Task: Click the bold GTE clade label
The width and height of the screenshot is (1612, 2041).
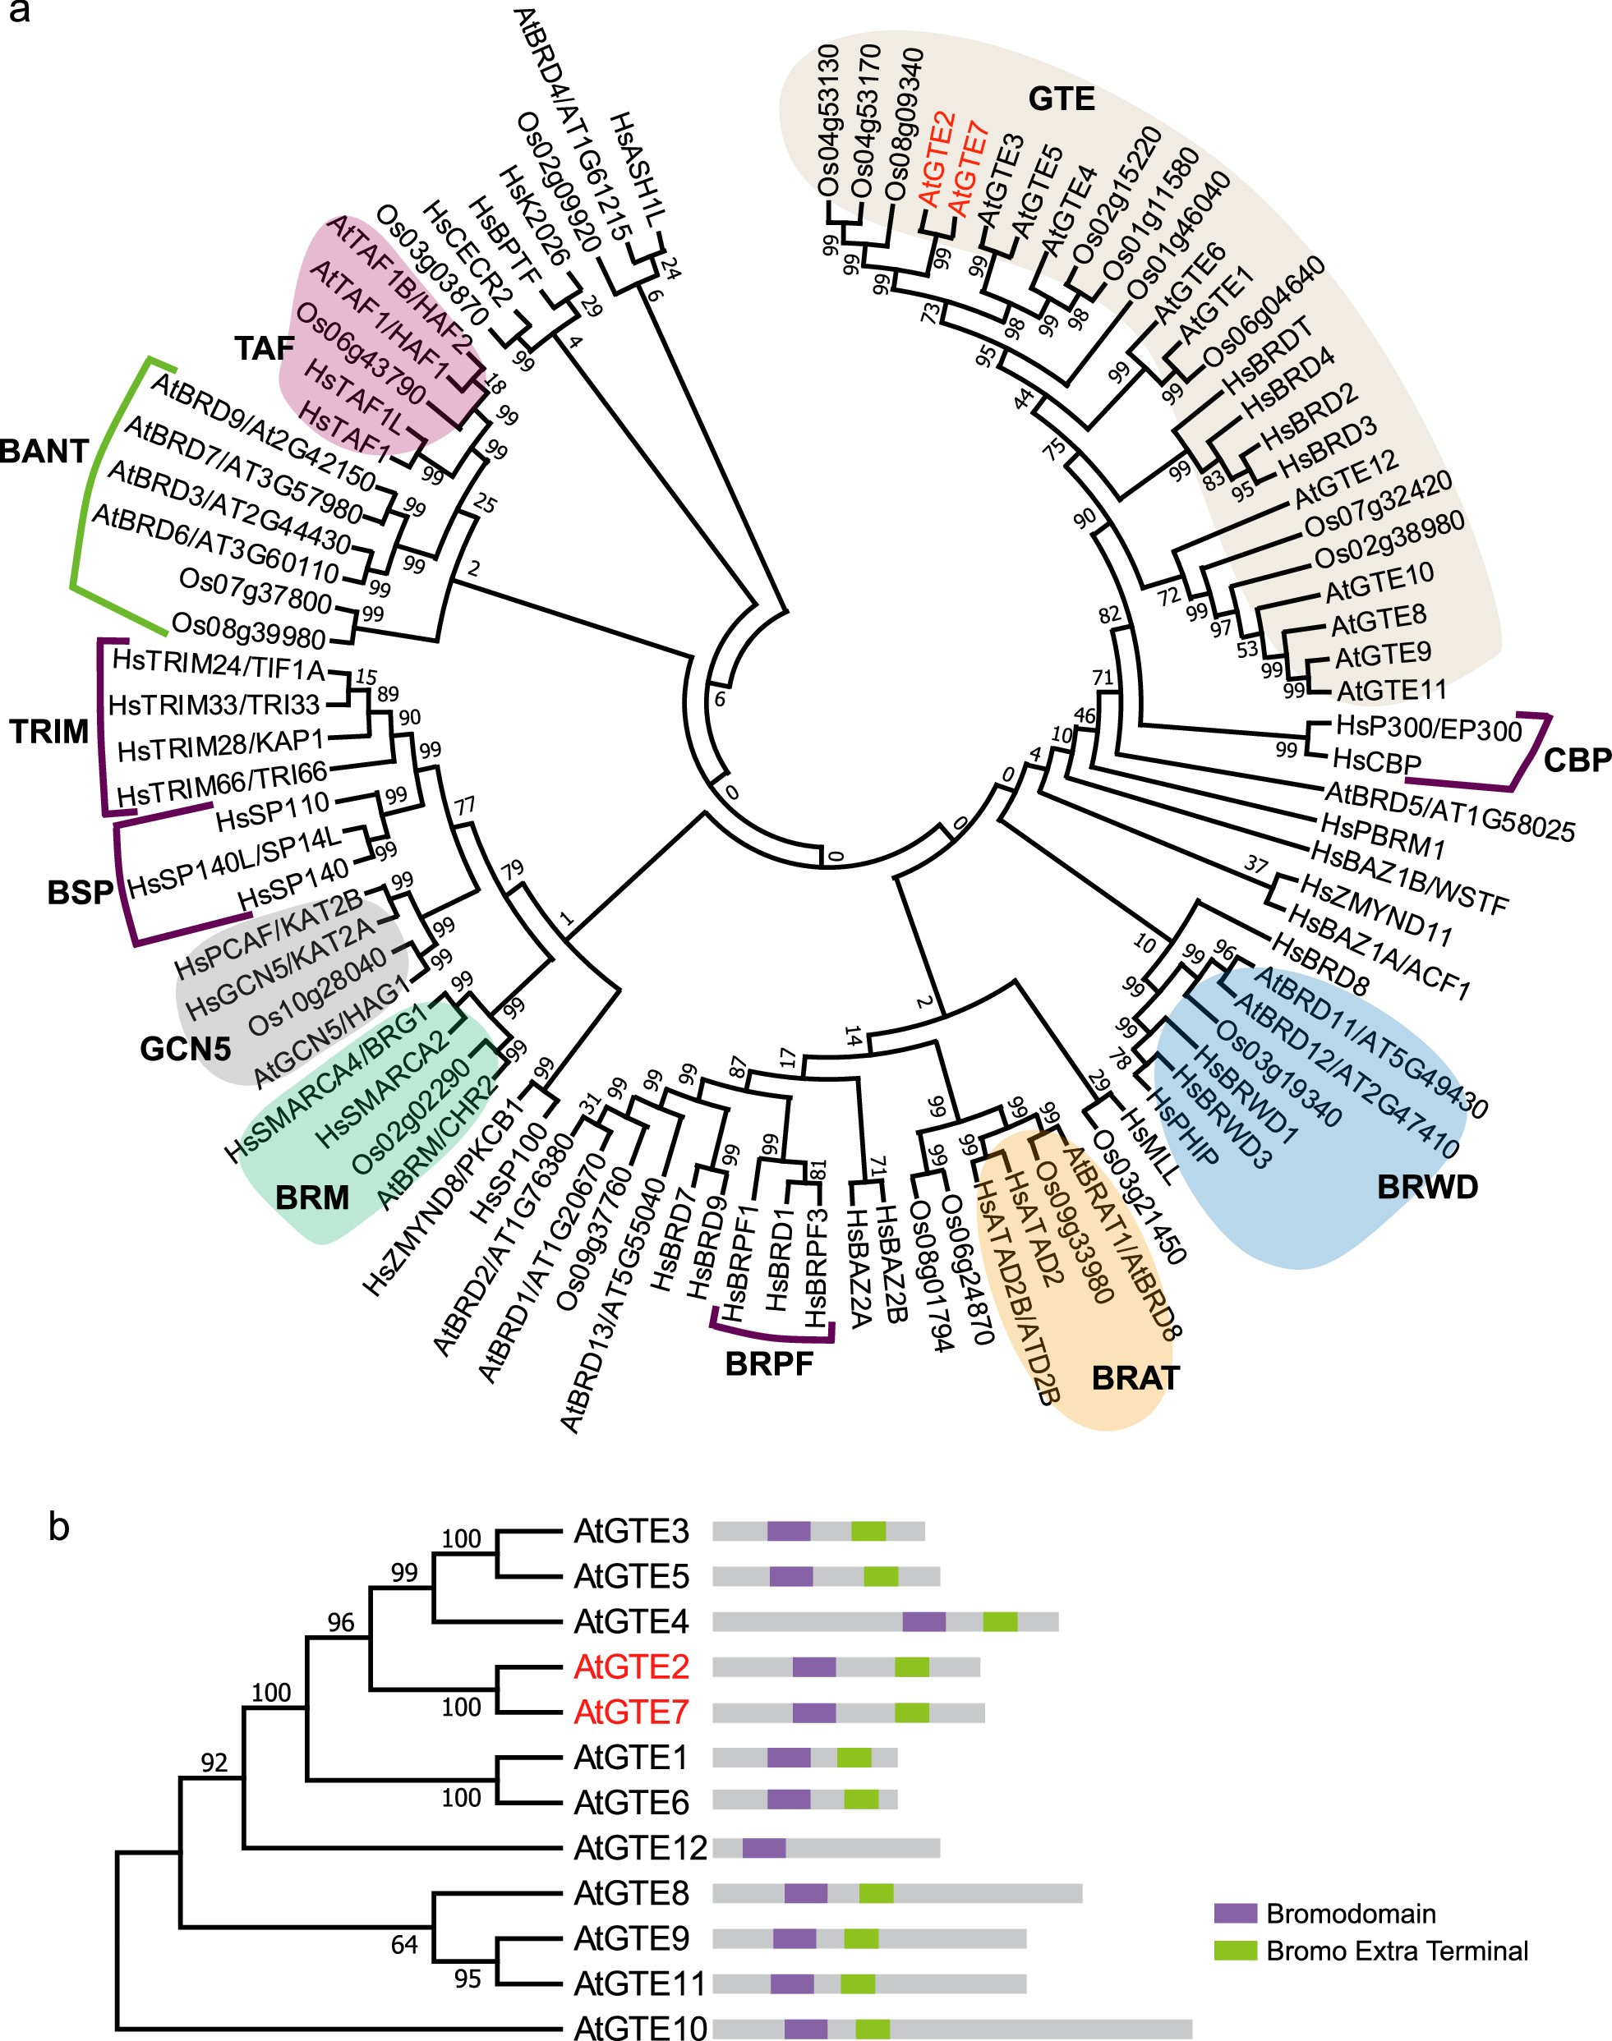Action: pyautogui.click(x=1061, y=98)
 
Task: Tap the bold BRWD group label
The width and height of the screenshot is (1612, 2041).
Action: pyautogui.click(x=1427, y=1186)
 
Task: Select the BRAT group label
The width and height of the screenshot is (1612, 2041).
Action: pyautogui.click(x=1135, y=1378)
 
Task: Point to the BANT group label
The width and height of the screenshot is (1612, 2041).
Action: pyautogui.click(x=44, y=451)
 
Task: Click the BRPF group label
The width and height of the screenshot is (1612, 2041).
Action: pyautogui.click(x=768, y=1363)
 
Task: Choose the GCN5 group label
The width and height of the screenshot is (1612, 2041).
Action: pyautogui.click(x=185, y=1048)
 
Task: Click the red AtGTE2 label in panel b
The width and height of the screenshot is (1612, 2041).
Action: pyautogui.click(x=631, y=1667)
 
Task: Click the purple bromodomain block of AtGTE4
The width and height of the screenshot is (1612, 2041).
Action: pyautogui.click(x=924, y=1621)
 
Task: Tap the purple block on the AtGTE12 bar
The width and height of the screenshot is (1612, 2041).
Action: pyautogui.click(x=763, y=1847)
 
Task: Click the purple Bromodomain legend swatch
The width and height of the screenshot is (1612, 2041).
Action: pyautogui.click(x=1236, y=1914)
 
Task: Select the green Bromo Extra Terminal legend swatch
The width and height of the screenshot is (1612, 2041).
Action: pyautogui.click(x=1236, y=1950)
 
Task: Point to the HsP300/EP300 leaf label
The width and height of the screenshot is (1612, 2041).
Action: pyautogui.click(x=1429, y=729)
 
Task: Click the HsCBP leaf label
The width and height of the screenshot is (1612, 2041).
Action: pyautogui.click(x=1377, y=760)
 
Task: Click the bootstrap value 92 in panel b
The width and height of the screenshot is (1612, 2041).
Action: pyautogui.click(x=214, y=1762)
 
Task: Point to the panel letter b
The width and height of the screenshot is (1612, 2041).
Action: pyautogui.click(x=58, y=1527)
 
